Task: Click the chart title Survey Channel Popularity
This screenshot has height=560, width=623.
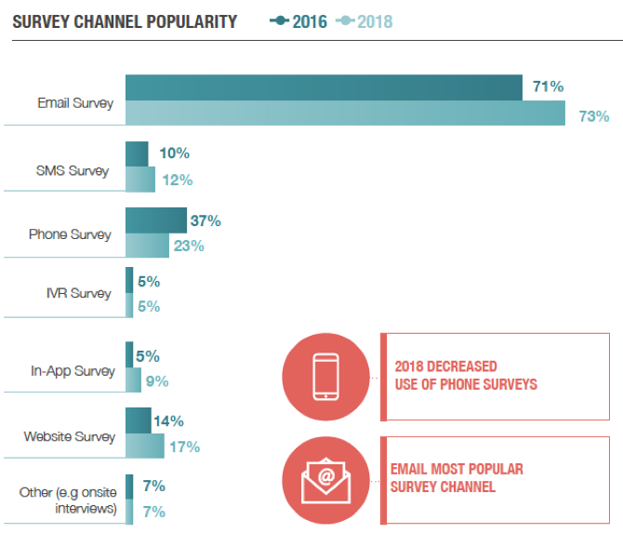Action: coord(125,21)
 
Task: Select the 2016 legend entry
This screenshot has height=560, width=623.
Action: coord(298,21)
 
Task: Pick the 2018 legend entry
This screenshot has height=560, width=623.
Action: coord(364,21)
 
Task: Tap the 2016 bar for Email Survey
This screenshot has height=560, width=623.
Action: coord(324,87)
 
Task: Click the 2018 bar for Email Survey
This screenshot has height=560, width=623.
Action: coord(345,113)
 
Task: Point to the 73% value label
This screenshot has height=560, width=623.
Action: coord(594,116)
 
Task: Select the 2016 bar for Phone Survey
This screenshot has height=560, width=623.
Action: coord(155,220)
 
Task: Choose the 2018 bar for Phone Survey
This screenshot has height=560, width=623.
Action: coord(147,246)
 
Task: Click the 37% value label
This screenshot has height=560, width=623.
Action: coord(205,221)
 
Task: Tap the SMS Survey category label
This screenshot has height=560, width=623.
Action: coord(72,170)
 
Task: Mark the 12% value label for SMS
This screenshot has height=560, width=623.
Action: coord(177,180)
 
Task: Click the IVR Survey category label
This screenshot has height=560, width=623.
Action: coord(78,293)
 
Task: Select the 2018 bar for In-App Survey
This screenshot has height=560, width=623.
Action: coord(133,380)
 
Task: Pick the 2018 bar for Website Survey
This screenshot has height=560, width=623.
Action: coord(144,446)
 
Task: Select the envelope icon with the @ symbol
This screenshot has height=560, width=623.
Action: coord(325,480)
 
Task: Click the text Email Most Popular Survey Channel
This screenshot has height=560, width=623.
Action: coord(458,477)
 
